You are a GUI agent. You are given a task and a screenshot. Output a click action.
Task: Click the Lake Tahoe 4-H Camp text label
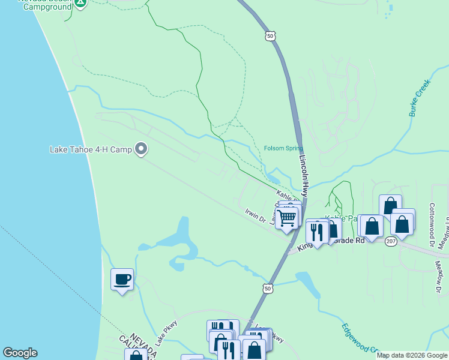pos(90,149)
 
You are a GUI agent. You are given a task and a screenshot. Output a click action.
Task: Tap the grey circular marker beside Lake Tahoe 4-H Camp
pos(142,148)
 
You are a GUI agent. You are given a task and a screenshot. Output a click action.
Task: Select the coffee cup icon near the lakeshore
pos(122,280)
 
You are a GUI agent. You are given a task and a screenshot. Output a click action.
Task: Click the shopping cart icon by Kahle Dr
pos(287,218)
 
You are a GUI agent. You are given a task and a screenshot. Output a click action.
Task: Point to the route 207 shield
pos(391,241)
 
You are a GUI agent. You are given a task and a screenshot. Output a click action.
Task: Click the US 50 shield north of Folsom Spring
pos(270,37)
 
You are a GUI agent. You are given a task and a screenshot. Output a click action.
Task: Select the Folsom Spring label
pos(283,149)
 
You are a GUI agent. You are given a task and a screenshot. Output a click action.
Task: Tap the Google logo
pos(20,353)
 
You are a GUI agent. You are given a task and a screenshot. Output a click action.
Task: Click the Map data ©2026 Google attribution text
pos(411,355)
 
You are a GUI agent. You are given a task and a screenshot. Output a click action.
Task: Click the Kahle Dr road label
pos(286,196)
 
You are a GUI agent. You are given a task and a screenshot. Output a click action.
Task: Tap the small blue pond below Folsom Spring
pos(273,178)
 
